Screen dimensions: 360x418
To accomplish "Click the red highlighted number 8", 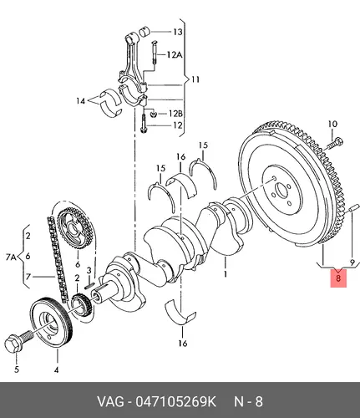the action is click(338, 278).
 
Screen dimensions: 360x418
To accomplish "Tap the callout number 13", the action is click(177, 32).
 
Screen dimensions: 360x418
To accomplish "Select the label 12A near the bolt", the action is click(175, 54).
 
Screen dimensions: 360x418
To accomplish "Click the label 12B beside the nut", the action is click(175, 114).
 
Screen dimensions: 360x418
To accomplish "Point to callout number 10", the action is click(332, 124).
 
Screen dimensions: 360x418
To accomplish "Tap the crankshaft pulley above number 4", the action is click(51, 324).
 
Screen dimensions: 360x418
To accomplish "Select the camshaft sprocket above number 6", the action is click(74, 227).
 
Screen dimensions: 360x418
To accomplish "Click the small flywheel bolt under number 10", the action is click(336, 143).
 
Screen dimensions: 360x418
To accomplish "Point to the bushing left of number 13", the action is click(145, 32).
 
